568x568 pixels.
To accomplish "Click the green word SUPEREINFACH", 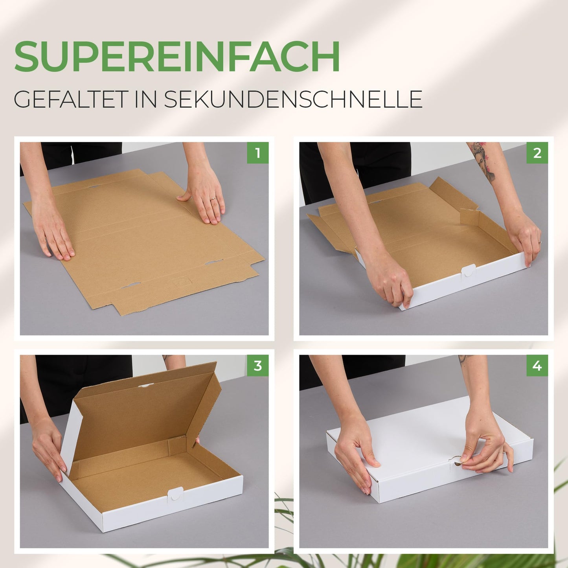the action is [177, 56].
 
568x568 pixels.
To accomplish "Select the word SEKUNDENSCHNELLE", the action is [293, 99].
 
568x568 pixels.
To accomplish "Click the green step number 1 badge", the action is [257, 153].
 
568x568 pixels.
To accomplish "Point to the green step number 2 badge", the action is [537, 153].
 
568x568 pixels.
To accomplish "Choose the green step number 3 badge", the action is [257, 366].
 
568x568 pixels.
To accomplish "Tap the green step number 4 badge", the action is [537, 366].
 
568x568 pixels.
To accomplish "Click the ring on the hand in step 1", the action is [213, 199].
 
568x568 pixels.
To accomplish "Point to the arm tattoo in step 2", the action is [483, 162].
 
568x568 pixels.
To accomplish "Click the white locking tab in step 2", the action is [468, 270].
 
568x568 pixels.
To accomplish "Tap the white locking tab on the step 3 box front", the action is [175, 493].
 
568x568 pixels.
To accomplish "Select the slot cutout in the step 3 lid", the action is [146, 385].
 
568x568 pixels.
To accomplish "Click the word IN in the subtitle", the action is [145, 99].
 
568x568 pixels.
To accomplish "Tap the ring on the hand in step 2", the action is [540, 242].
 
